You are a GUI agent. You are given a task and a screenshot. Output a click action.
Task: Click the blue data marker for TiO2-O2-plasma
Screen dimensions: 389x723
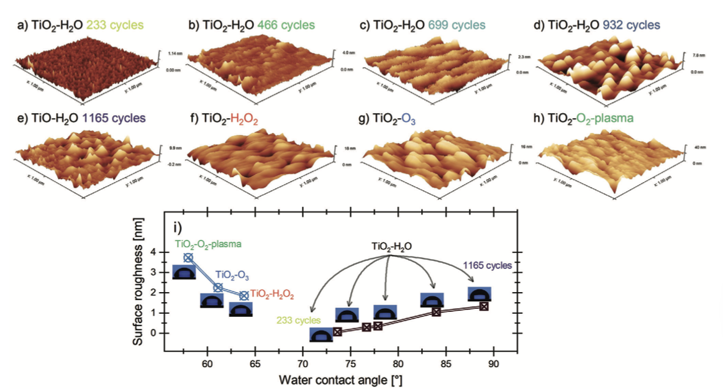point(188,257)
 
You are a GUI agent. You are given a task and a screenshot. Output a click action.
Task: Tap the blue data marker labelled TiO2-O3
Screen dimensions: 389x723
point(218,287)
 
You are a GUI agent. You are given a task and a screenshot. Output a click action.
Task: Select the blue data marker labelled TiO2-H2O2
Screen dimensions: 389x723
point(244,296)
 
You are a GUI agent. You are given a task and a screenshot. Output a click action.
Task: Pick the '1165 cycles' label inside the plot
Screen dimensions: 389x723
point(487,266)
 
